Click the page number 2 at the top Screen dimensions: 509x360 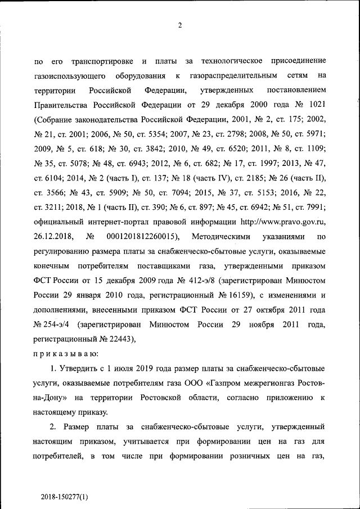point(180,25)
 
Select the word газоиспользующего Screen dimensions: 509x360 point(67,75)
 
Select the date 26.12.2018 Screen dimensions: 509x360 point(53,236)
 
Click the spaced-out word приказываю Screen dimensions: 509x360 point(66,354)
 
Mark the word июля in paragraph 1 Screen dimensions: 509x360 point(117,368)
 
